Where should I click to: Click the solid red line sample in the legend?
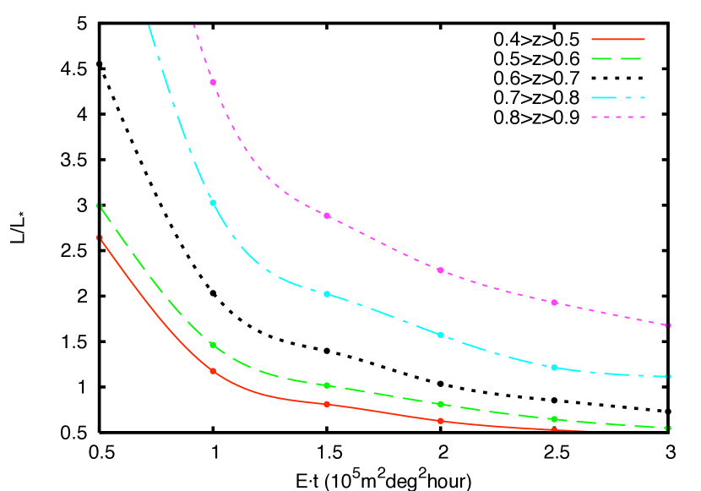(x=617, y=39)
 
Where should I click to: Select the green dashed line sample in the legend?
(x=617, y=59)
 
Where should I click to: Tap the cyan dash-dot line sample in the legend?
(x=617, y=98)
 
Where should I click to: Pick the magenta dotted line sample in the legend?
(x=617, y=117)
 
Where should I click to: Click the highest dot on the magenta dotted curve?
(x=213, y=82)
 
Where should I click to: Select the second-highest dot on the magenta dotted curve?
(x=327, y=215)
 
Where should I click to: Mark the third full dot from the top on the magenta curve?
(x=440, y=270)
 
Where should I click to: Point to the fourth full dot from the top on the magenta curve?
(x=554, y=303)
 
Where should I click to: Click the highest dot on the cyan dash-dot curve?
(x=213, y=203)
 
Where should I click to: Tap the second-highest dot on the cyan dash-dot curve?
(x=327, y=294)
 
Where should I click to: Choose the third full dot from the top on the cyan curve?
(x=440, y=335)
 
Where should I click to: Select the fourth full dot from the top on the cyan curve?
(x=554, y=368)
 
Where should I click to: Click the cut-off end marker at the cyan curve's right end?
(x=668, y=377)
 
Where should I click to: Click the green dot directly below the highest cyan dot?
(x=213, y=345)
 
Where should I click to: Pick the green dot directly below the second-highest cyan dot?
(x=327, y=385)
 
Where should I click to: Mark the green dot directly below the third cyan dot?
(x=440, y=404)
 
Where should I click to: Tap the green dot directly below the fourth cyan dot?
(x=554, y=419)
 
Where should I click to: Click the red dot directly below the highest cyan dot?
(x=213, y=371)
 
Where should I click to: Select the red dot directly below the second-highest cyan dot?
(x=327, y=404)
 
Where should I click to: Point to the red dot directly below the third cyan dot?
(x=440, y=421)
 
